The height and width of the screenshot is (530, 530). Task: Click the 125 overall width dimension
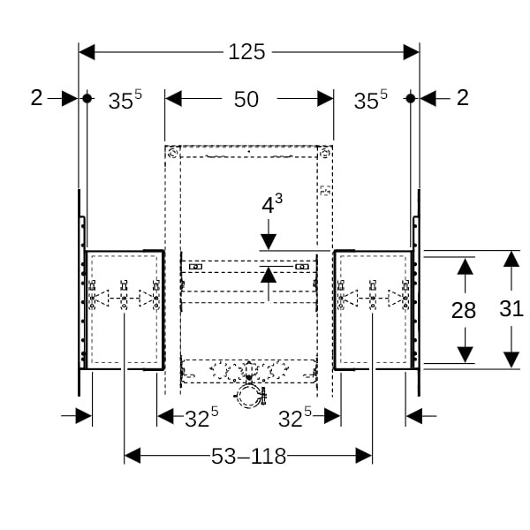click(x=247, y=52)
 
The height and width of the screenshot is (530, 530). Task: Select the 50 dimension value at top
click(x=247, y=99)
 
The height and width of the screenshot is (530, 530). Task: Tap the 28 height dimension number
click(x=463, y=310)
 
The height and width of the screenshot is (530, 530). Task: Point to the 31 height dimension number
click(x=511, y=308)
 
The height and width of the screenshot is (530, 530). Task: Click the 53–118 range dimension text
click(x=248, y=456)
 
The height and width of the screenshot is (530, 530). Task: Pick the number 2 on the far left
click(x=36, y=98)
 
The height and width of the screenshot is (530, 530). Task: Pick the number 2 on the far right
click(x=462, y=98)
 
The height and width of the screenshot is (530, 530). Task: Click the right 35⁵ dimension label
click(x=371, y=101)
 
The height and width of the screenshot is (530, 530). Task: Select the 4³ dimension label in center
click(x=272, y=205)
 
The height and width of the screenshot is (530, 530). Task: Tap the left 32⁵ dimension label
click(x=201, y=419)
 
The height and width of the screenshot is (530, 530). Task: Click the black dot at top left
click(x=87, y=98)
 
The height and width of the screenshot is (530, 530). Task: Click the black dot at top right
click(x=410, y=98)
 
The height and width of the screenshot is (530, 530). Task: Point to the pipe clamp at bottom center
click(x=250, y=397)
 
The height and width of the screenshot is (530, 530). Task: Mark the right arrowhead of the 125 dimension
click(x=411, y=52)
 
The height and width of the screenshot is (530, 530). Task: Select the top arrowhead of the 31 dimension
click(x=511, y=259)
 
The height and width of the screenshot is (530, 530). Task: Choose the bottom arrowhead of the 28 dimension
click(x=463, y=353)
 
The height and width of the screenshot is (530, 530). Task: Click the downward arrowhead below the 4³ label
click(x=269, y=241)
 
